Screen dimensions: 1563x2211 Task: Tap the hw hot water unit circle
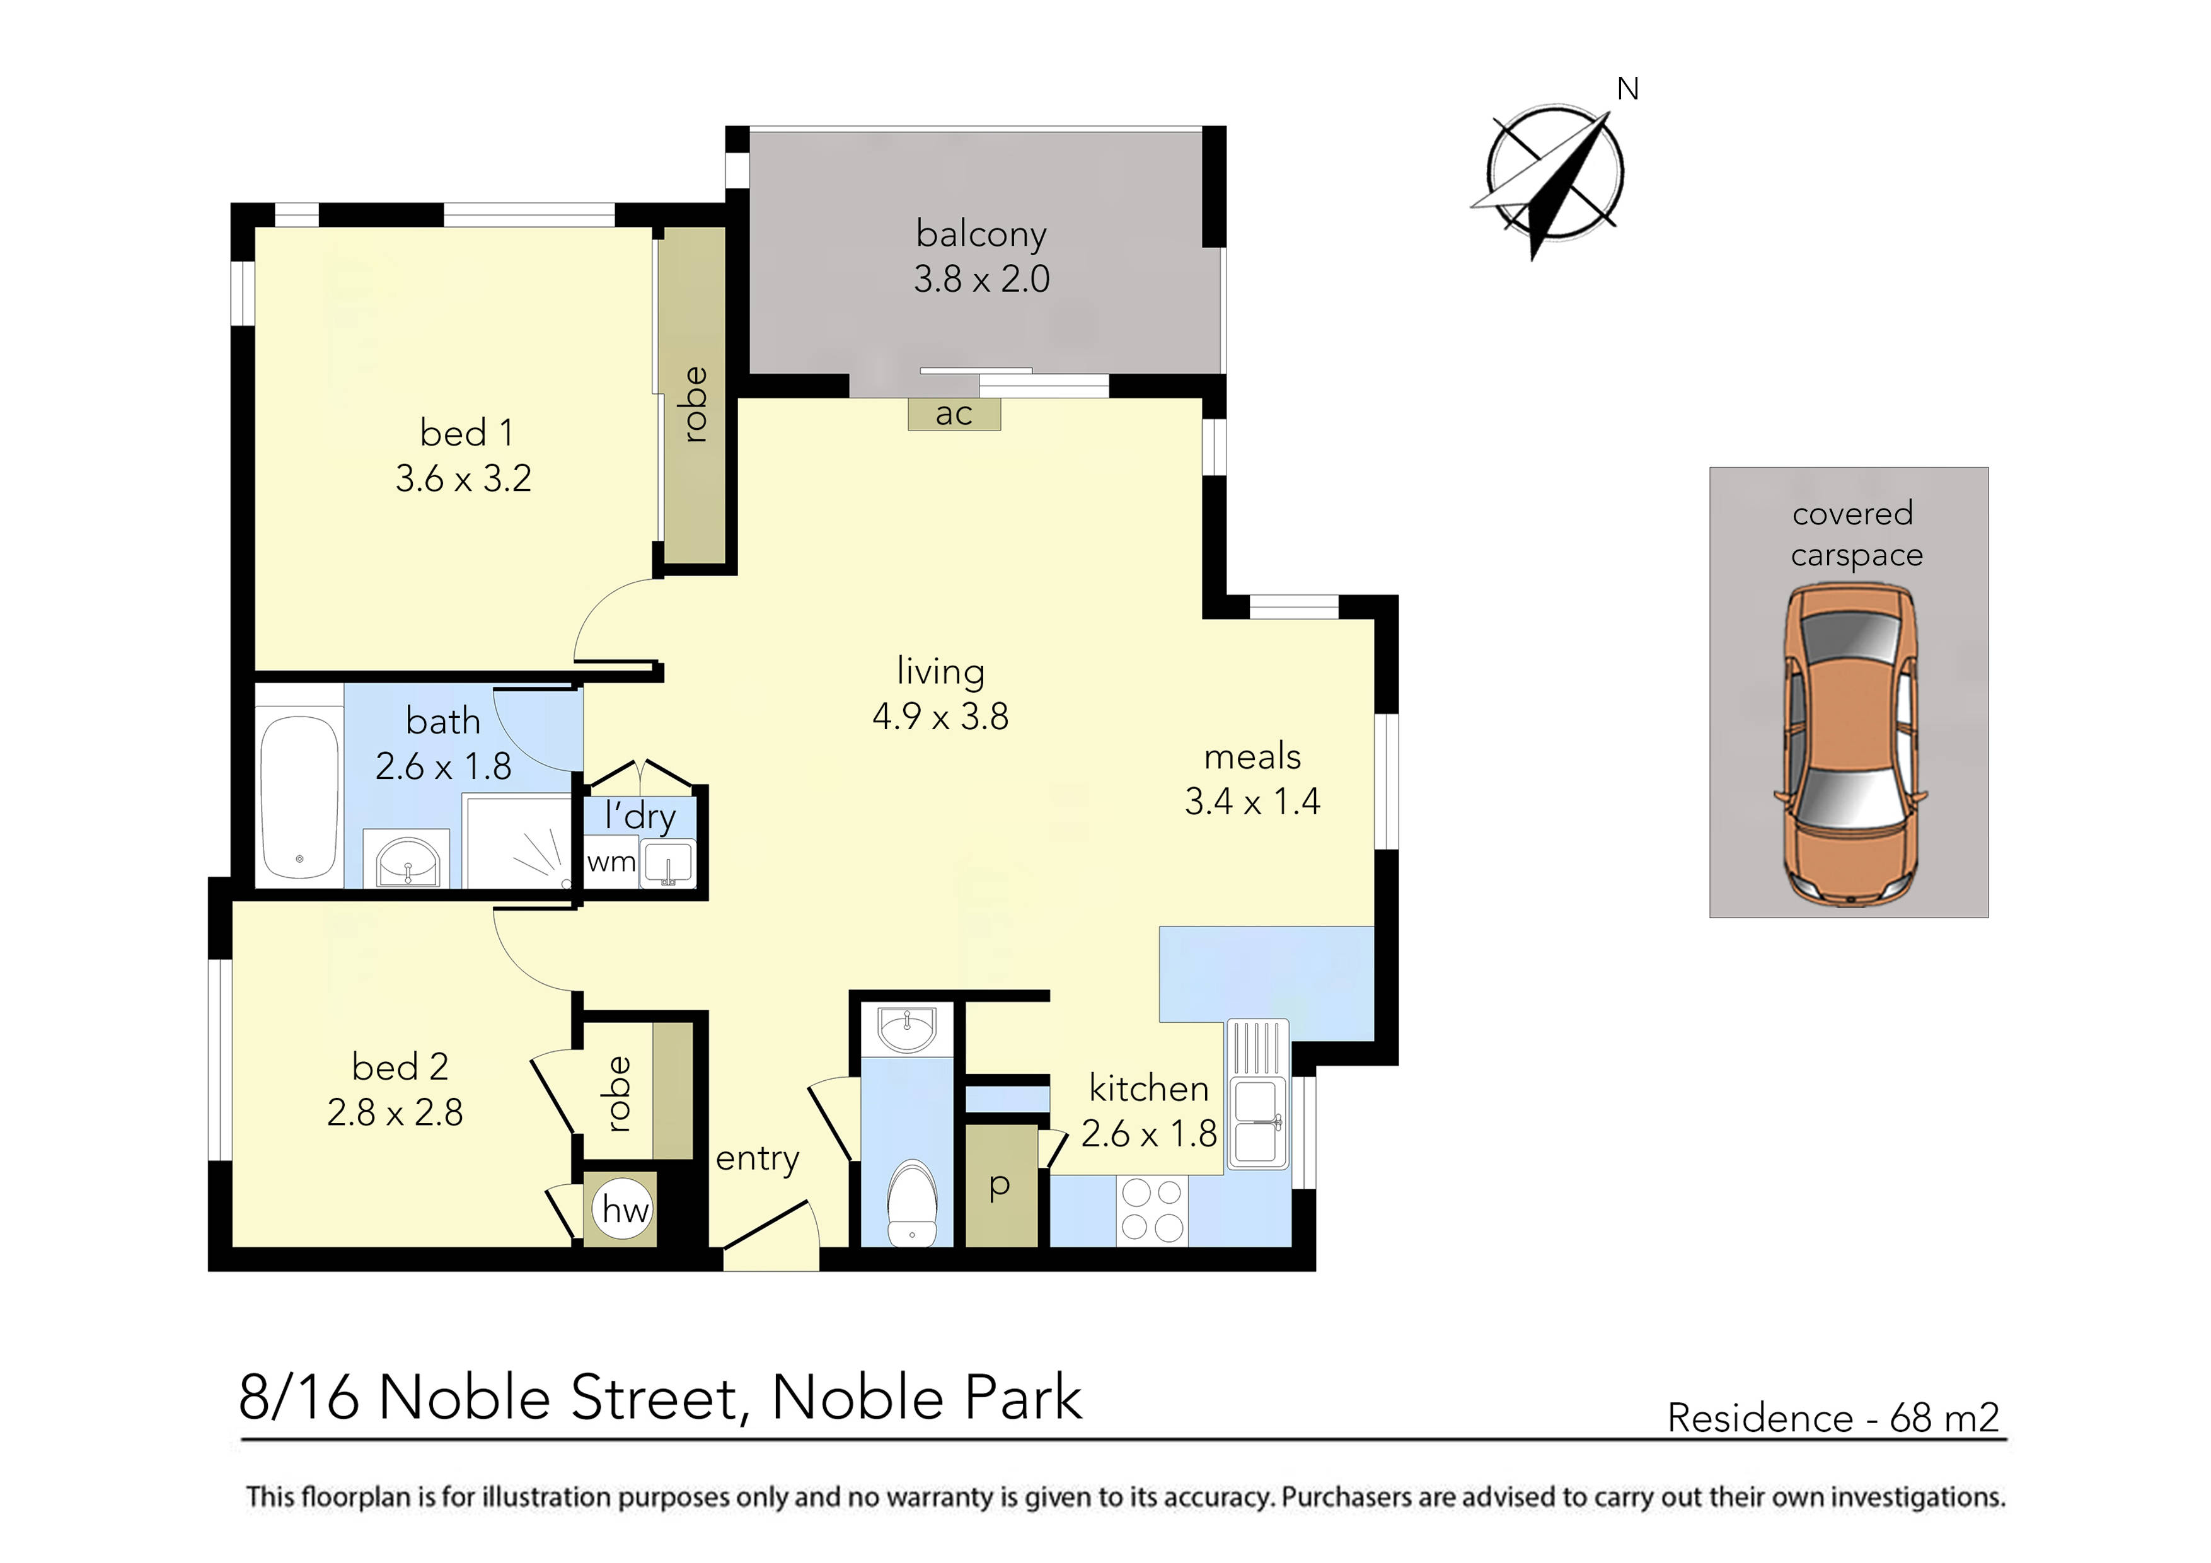[625, 1209]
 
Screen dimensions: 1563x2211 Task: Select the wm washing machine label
[611, 862]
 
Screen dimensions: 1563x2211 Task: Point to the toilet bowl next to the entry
[911, 1204]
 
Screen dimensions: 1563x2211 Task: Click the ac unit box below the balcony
[954, 414]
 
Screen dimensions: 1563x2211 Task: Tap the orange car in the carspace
[1849, 746]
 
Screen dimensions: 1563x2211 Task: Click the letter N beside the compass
[1627, 89]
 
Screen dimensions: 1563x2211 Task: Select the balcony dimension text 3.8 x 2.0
[981, 279]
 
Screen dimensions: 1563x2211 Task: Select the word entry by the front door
[757, 1158]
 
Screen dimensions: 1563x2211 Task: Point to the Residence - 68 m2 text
[1833, 1417]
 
